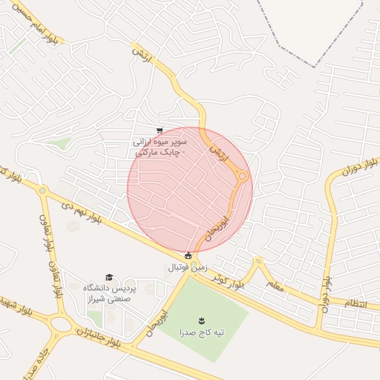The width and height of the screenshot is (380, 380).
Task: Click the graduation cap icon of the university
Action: click(x=109, y=277)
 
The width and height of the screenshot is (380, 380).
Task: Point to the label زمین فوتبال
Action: click(x=190, y=266)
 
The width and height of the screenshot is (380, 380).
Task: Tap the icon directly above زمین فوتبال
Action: click(x=188, y=255)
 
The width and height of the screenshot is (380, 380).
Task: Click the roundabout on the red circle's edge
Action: click(x=242, y=176)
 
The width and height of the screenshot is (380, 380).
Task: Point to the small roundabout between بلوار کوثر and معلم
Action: click(x=258, y=262)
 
